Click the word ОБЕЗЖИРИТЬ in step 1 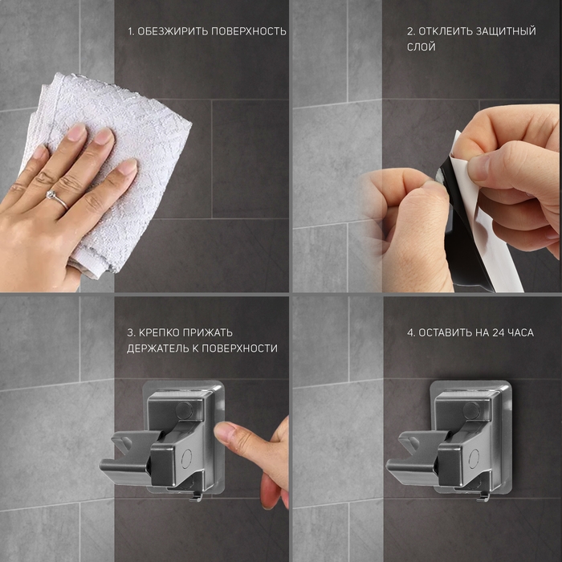[173, 31]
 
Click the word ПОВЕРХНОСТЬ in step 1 [249, 31]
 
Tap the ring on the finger [56, 199]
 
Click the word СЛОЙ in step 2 [421, 47]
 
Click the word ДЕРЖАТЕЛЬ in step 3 [157, 348]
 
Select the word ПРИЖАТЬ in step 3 [207, 332]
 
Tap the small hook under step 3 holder [196, 496]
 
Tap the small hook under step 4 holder [483, 496]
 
